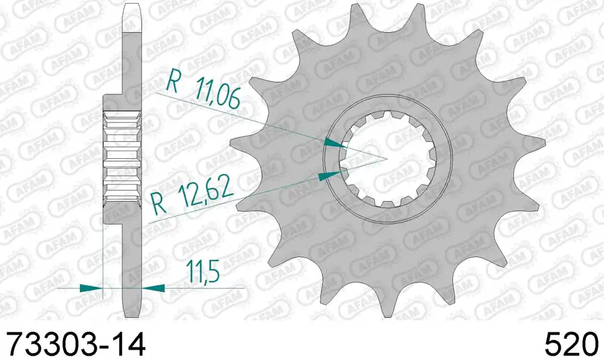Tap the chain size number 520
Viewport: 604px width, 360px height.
pyautogui.click(x=571, y=344)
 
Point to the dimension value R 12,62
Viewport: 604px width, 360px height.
pyautogui.click(x=192, y=196)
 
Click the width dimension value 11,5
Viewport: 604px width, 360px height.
pyautogui.click(x=202, y=271)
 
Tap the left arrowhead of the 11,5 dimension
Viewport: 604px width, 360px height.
pyautogui.click(x=91, y=288)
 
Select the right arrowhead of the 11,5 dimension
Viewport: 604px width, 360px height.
pyautogui.click(x=153, y=288)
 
